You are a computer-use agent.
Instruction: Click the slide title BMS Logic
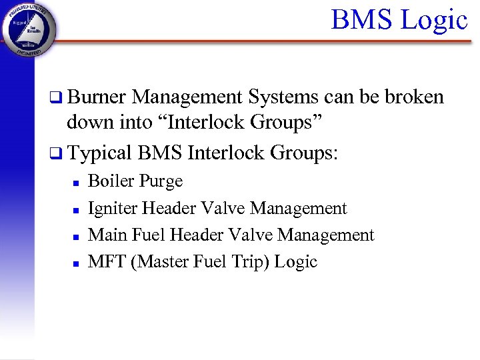coord(399,19)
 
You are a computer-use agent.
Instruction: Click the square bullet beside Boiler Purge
coord(76,182)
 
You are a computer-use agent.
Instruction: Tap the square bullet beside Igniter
coord(76,209)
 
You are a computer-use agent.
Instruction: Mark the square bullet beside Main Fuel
coord(76,236)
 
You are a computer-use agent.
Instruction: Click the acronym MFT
coord(107,261)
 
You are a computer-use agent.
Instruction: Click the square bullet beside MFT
coord(76,263)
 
